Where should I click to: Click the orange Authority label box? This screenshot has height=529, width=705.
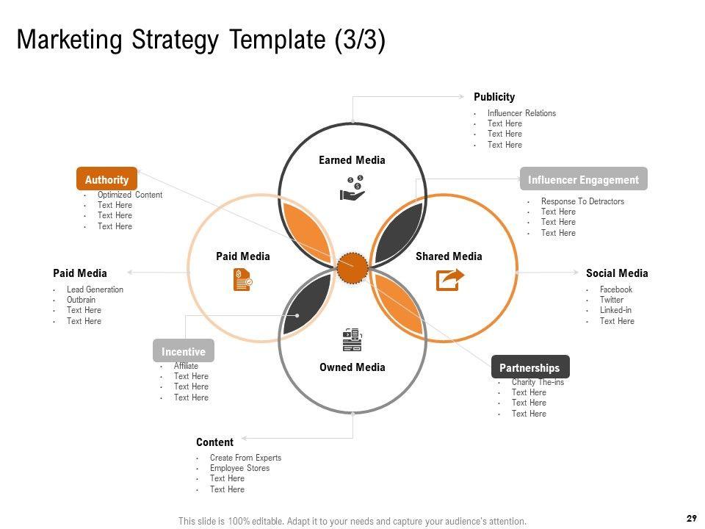click(106, 179)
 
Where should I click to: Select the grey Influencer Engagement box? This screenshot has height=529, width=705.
click(583, 179)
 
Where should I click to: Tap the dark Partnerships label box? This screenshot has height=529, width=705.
click(529, 367)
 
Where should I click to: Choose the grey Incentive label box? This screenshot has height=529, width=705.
click(184, 351)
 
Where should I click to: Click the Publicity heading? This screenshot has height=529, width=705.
click(494, 97)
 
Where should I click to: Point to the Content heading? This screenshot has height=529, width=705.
click(214, 442)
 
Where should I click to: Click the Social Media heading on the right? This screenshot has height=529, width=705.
click(617, 273)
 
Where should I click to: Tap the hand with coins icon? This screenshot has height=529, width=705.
click(352, 187)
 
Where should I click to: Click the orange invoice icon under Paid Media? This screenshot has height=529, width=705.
click(242, 280)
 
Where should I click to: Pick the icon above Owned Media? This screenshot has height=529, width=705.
click(352, 340)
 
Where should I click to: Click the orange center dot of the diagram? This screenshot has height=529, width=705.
click(352, 267)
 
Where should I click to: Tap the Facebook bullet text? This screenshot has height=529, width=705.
click(615, 289)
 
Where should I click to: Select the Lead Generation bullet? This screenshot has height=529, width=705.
click(95, 289)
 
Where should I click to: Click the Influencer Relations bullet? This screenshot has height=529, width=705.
click(521, 113)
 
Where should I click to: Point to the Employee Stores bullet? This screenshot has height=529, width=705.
click(239, 468)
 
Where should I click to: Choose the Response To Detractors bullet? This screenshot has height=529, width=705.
click(582, 201)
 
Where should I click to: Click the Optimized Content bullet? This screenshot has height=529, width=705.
click(130, 195)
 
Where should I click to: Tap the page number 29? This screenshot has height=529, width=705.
click(691, 519)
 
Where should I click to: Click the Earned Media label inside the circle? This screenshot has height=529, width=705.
click(352, 160)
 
